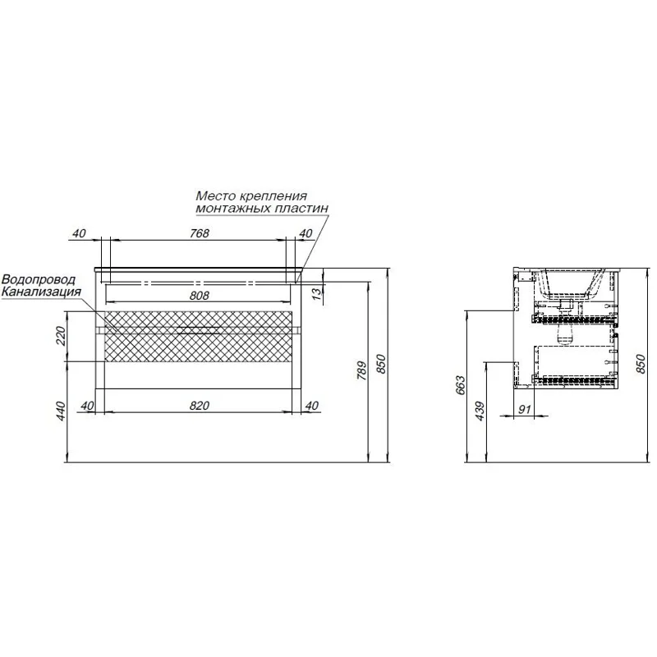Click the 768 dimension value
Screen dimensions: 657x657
(x=199, y=233)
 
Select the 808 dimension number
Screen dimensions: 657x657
(x=199, y=296)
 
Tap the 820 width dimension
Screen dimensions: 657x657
(x=199, y=406)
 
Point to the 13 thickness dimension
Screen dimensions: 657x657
(x=318, y=292)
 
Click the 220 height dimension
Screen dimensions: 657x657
(x=61, y=336)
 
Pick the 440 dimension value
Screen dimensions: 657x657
(x=61, y=411)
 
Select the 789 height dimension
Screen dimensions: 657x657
(x=361, y=370)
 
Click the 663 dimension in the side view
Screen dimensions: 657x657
(x=460, y=385)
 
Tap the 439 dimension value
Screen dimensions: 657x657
(x=480, y=411)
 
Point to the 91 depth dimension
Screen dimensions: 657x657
(x=524, y=409)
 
